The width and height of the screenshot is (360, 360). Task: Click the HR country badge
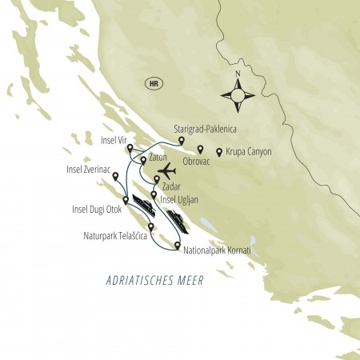point(153,82)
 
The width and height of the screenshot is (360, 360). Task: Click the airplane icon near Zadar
point(169,171)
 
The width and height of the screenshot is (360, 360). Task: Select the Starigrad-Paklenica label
point(206,128)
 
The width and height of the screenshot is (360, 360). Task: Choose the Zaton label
point(158,159)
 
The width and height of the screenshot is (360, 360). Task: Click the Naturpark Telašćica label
point(114,238)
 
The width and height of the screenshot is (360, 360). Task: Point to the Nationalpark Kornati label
point(217,251)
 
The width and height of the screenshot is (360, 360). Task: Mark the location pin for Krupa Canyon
point(219,150)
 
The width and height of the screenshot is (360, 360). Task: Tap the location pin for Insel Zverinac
point(116,176)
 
